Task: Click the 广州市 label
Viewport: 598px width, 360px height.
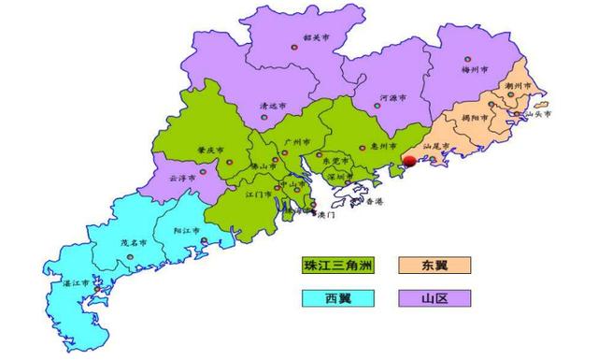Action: [x=296, y=140]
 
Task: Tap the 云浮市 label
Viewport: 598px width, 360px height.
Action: [x=182, y=177]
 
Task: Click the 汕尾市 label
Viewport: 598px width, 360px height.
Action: [x=437, y=147]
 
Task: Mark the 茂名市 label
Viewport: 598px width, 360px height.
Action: [x=134, y=242]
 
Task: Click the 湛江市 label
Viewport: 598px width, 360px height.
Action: [x=74, y=281]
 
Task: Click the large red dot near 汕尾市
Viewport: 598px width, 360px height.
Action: [x=409, y=161]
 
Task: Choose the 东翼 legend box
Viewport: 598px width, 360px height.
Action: [x=434, y=266]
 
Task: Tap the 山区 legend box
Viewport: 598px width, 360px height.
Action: [x=434, y=298]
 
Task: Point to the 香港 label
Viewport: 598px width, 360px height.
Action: [x=374, y=203]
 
